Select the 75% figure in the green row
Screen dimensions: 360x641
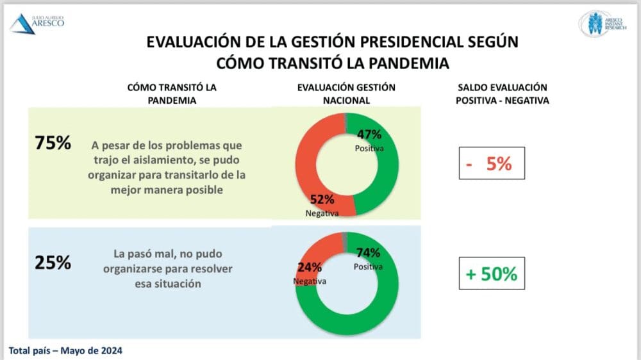point(53,143)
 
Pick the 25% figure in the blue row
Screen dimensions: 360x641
point(53,262)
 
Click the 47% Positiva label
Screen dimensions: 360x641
point(369,139)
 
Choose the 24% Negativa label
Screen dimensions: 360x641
point(309,272)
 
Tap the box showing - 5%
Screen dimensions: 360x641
point(492,163)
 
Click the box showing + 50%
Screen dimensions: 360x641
point(492,274)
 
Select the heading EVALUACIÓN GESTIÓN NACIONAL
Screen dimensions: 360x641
point(346,94)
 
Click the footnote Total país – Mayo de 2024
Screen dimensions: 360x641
point(65,350)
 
